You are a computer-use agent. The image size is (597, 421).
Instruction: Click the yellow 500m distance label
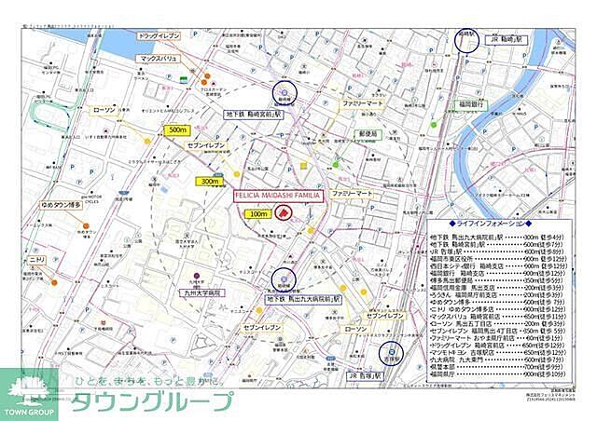coord(176,130)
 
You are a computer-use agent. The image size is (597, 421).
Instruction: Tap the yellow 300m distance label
coord(209,182)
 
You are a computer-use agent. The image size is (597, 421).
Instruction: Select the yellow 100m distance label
coord(257,213)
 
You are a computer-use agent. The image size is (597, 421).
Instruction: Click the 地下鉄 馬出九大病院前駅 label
coord(303,301)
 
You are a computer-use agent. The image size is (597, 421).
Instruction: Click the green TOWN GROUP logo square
coord(29,392)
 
